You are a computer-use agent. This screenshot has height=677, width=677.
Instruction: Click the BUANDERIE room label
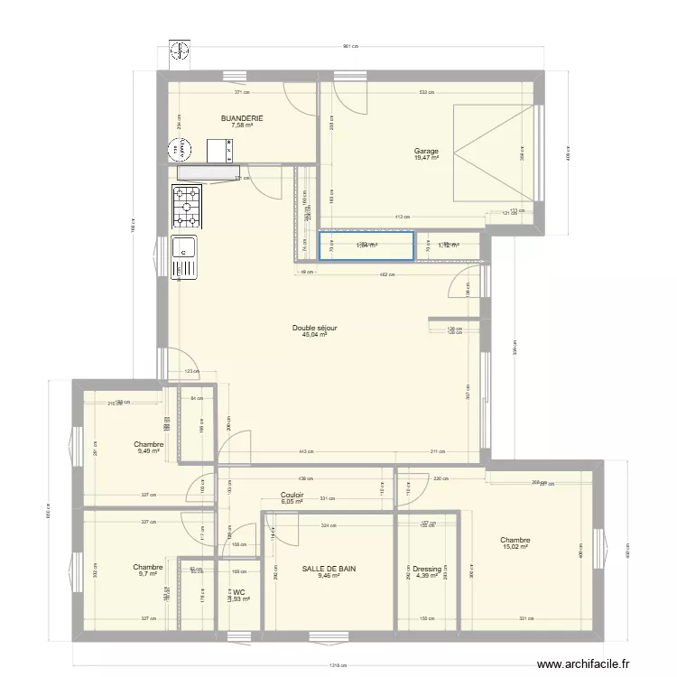tap(242, 118)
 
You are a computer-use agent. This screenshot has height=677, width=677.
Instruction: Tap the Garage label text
tap(426, 151)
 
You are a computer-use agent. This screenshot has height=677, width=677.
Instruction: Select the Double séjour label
tap(314, 329)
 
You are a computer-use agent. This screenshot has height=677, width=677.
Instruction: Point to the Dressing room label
tap(428, 569)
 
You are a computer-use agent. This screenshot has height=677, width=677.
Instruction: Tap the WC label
tap(239, 592)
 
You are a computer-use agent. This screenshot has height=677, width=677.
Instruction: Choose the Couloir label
tap(292, 495)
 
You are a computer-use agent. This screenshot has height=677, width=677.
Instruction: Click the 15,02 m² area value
tap(514, 546)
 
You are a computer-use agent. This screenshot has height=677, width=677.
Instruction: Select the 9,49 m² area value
tap(148, 450)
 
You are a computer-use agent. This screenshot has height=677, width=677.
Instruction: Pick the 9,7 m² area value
tap(148, 574)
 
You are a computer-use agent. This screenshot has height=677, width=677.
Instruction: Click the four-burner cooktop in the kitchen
tap(187, 207)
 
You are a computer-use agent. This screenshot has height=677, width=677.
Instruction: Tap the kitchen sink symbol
tap(184, 256)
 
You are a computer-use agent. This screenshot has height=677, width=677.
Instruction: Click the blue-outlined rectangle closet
tap(366, 246)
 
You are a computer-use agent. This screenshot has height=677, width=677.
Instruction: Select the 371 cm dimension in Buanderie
tap(242, 91)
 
